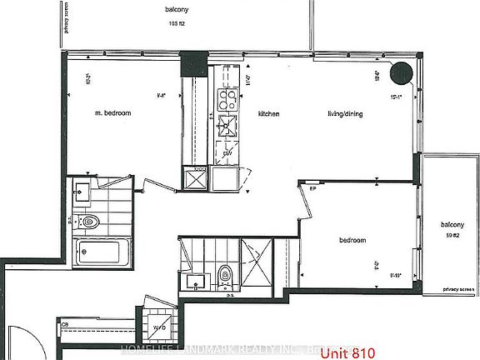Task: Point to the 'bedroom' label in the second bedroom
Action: (x=352, y=241)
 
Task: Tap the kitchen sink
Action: (x=226, y=127)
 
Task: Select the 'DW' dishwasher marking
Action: (x=227, y=154)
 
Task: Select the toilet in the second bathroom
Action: (x=224, y=276)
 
